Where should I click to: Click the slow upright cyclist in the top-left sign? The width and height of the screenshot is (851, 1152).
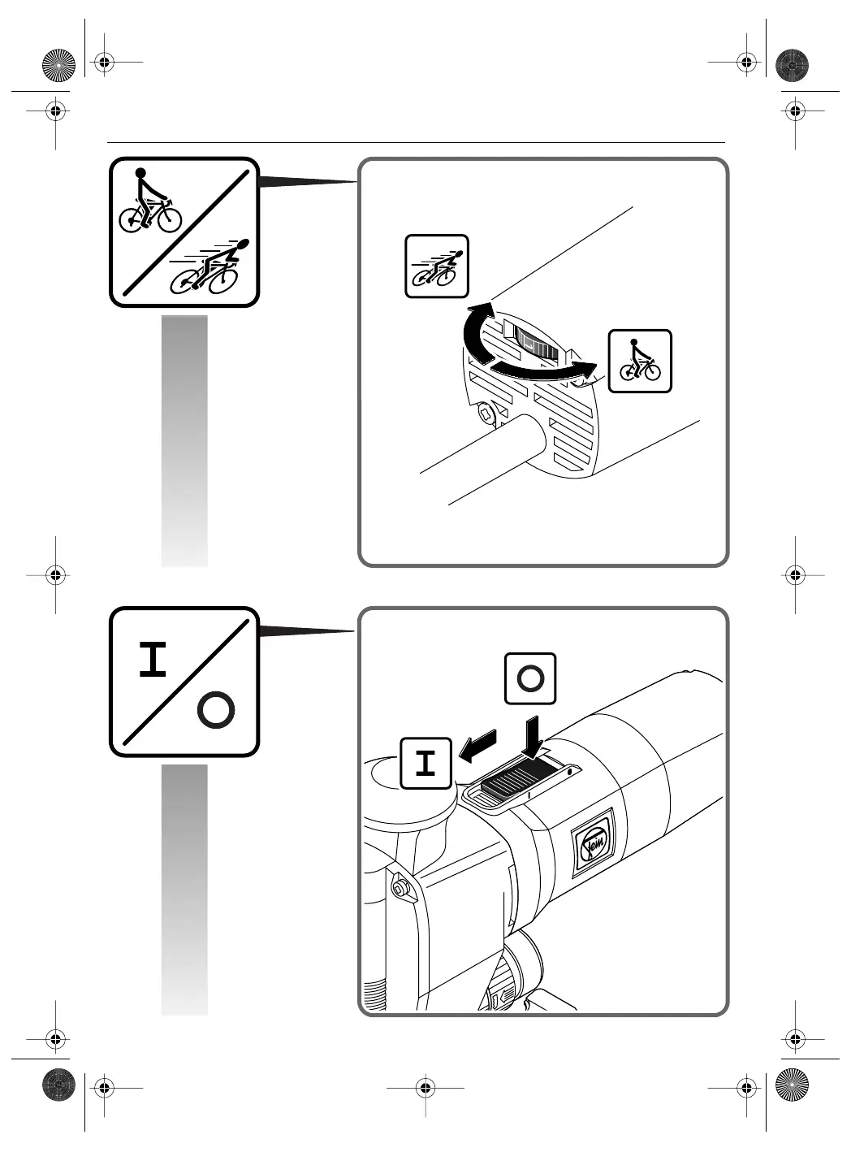tap(149, 203)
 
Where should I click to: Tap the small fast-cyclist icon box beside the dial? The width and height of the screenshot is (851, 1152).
tap(437, 266)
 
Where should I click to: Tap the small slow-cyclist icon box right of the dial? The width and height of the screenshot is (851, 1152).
tap(640, 362)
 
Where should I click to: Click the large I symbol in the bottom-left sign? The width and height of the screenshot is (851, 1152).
tap(153, 660)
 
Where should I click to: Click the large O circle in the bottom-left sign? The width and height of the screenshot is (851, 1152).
tap(216, 711)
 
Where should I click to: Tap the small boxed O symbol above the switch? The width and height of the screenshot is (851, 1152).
tap(530, 678)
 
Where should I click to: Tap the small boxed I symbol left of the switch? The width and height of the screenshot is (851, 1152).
tap(425, 764)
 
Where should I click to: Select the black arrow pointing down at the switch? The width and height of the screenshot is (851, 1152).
tap(533, 735)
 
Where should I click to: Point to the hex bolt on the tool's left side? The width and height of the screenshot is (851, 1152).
tap(400, 887)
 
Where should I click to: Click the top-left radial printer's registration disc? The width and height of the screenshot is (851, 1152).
tap(58, 65)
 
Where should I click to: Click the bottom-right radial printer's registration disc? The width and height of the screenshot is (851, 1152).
tap(793, 1085)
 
